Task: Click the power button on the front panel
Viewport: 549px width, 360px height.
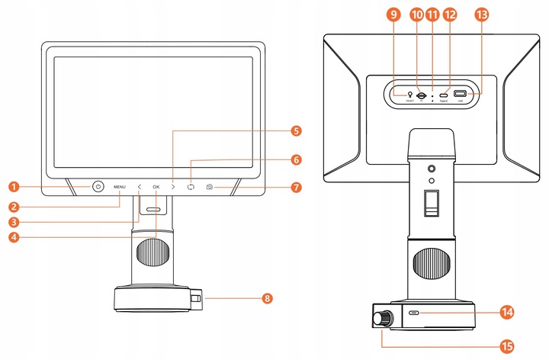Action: click(x=98, y=186)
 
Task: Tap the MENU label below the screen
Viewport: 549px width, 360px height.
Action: click(x=120, y=187)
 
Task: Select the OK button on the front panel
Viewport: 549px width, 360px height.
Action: click(x=156, y=187)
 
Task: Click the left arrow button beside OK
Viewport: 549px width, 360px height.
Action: click(x=140, y=187)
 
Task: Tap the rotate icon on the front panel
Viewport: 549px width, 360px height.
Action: click(x=191, y=187)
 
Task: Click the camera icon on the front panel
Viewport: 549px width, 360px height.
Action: click(x=210, y=187)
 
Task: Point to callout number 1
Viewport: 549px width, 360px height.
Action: click(x=13, y=186)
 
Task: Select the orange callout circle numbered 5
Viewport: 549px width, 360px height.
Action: click(x=296, y=130)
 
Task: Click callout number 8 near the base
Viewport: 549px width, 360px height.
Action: click(x=267, y=298)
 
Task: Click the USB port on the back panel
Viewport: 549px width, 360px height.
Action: click(x=461, y=95)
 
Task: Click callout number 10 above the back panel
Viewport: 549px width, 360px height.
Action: click(x=416, y=14)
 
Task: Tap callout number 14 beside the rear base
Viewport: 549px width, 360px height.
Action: click(x=506, y=312)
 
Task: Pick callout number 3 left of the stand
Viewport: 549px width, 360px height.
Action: click(x=13, y=222)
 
